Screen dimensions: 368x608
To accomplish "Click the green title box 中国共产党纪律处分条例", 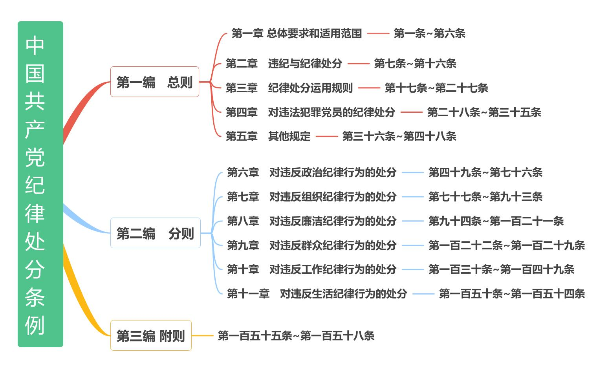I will (x=40, y=184).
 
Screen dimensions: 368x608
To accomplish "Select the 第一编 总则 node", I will (x=154, y=82).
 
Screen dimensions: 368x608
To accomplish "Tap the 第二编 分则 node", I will (x=155, y=233).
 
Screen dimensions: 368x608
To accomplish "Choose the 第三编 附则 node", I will (x=151, y=336).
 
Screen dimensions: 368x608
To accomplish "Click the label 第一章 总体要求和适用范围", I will (x=297, y=33).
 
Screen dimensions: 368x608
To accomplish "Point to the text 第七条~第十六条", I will (x=415, y=64).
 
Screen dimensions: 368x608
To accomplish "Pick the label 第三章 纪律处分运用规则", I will (x=289, y=88).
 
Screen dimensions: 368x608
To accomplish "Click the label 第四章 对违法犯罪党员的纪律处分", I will (x=310, y=112).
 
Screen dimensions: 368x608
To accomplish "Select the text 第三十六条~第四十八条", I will (x=399, y=136).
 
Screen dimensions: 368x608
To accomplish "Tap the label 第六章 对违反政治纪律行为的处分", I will (x=311, y=172).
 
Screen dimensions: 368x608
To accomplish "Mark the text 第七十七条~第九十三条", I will (x=485, y=197).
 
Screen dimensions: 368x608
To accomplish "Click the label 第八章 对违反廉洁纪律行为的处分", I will (x=311, y=221).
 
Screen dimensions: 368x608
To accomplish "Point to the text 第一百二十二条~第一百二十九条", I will (x=507, y=245).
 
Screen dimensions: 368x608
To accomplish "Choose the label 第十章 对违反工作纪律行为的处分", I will (x=311, y=269).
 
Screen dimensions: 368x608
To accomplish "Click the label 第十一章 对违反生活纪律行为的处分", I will (x=317, y=294).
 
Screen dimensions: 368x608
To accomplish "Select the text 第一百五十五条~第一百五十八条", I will (x=296, y=336).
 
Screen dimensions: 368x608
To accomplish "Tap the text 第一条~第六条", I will (x=429, y=33).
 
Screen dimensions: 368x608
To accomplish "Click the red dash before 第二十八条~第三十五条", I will (x=411, y=112).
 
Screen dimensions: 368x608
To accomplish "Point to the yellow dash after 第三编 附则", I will (x=203, y=336).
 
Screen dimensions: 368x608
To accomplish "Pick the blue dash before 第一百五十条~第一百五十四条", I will (x=423, y=294).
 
